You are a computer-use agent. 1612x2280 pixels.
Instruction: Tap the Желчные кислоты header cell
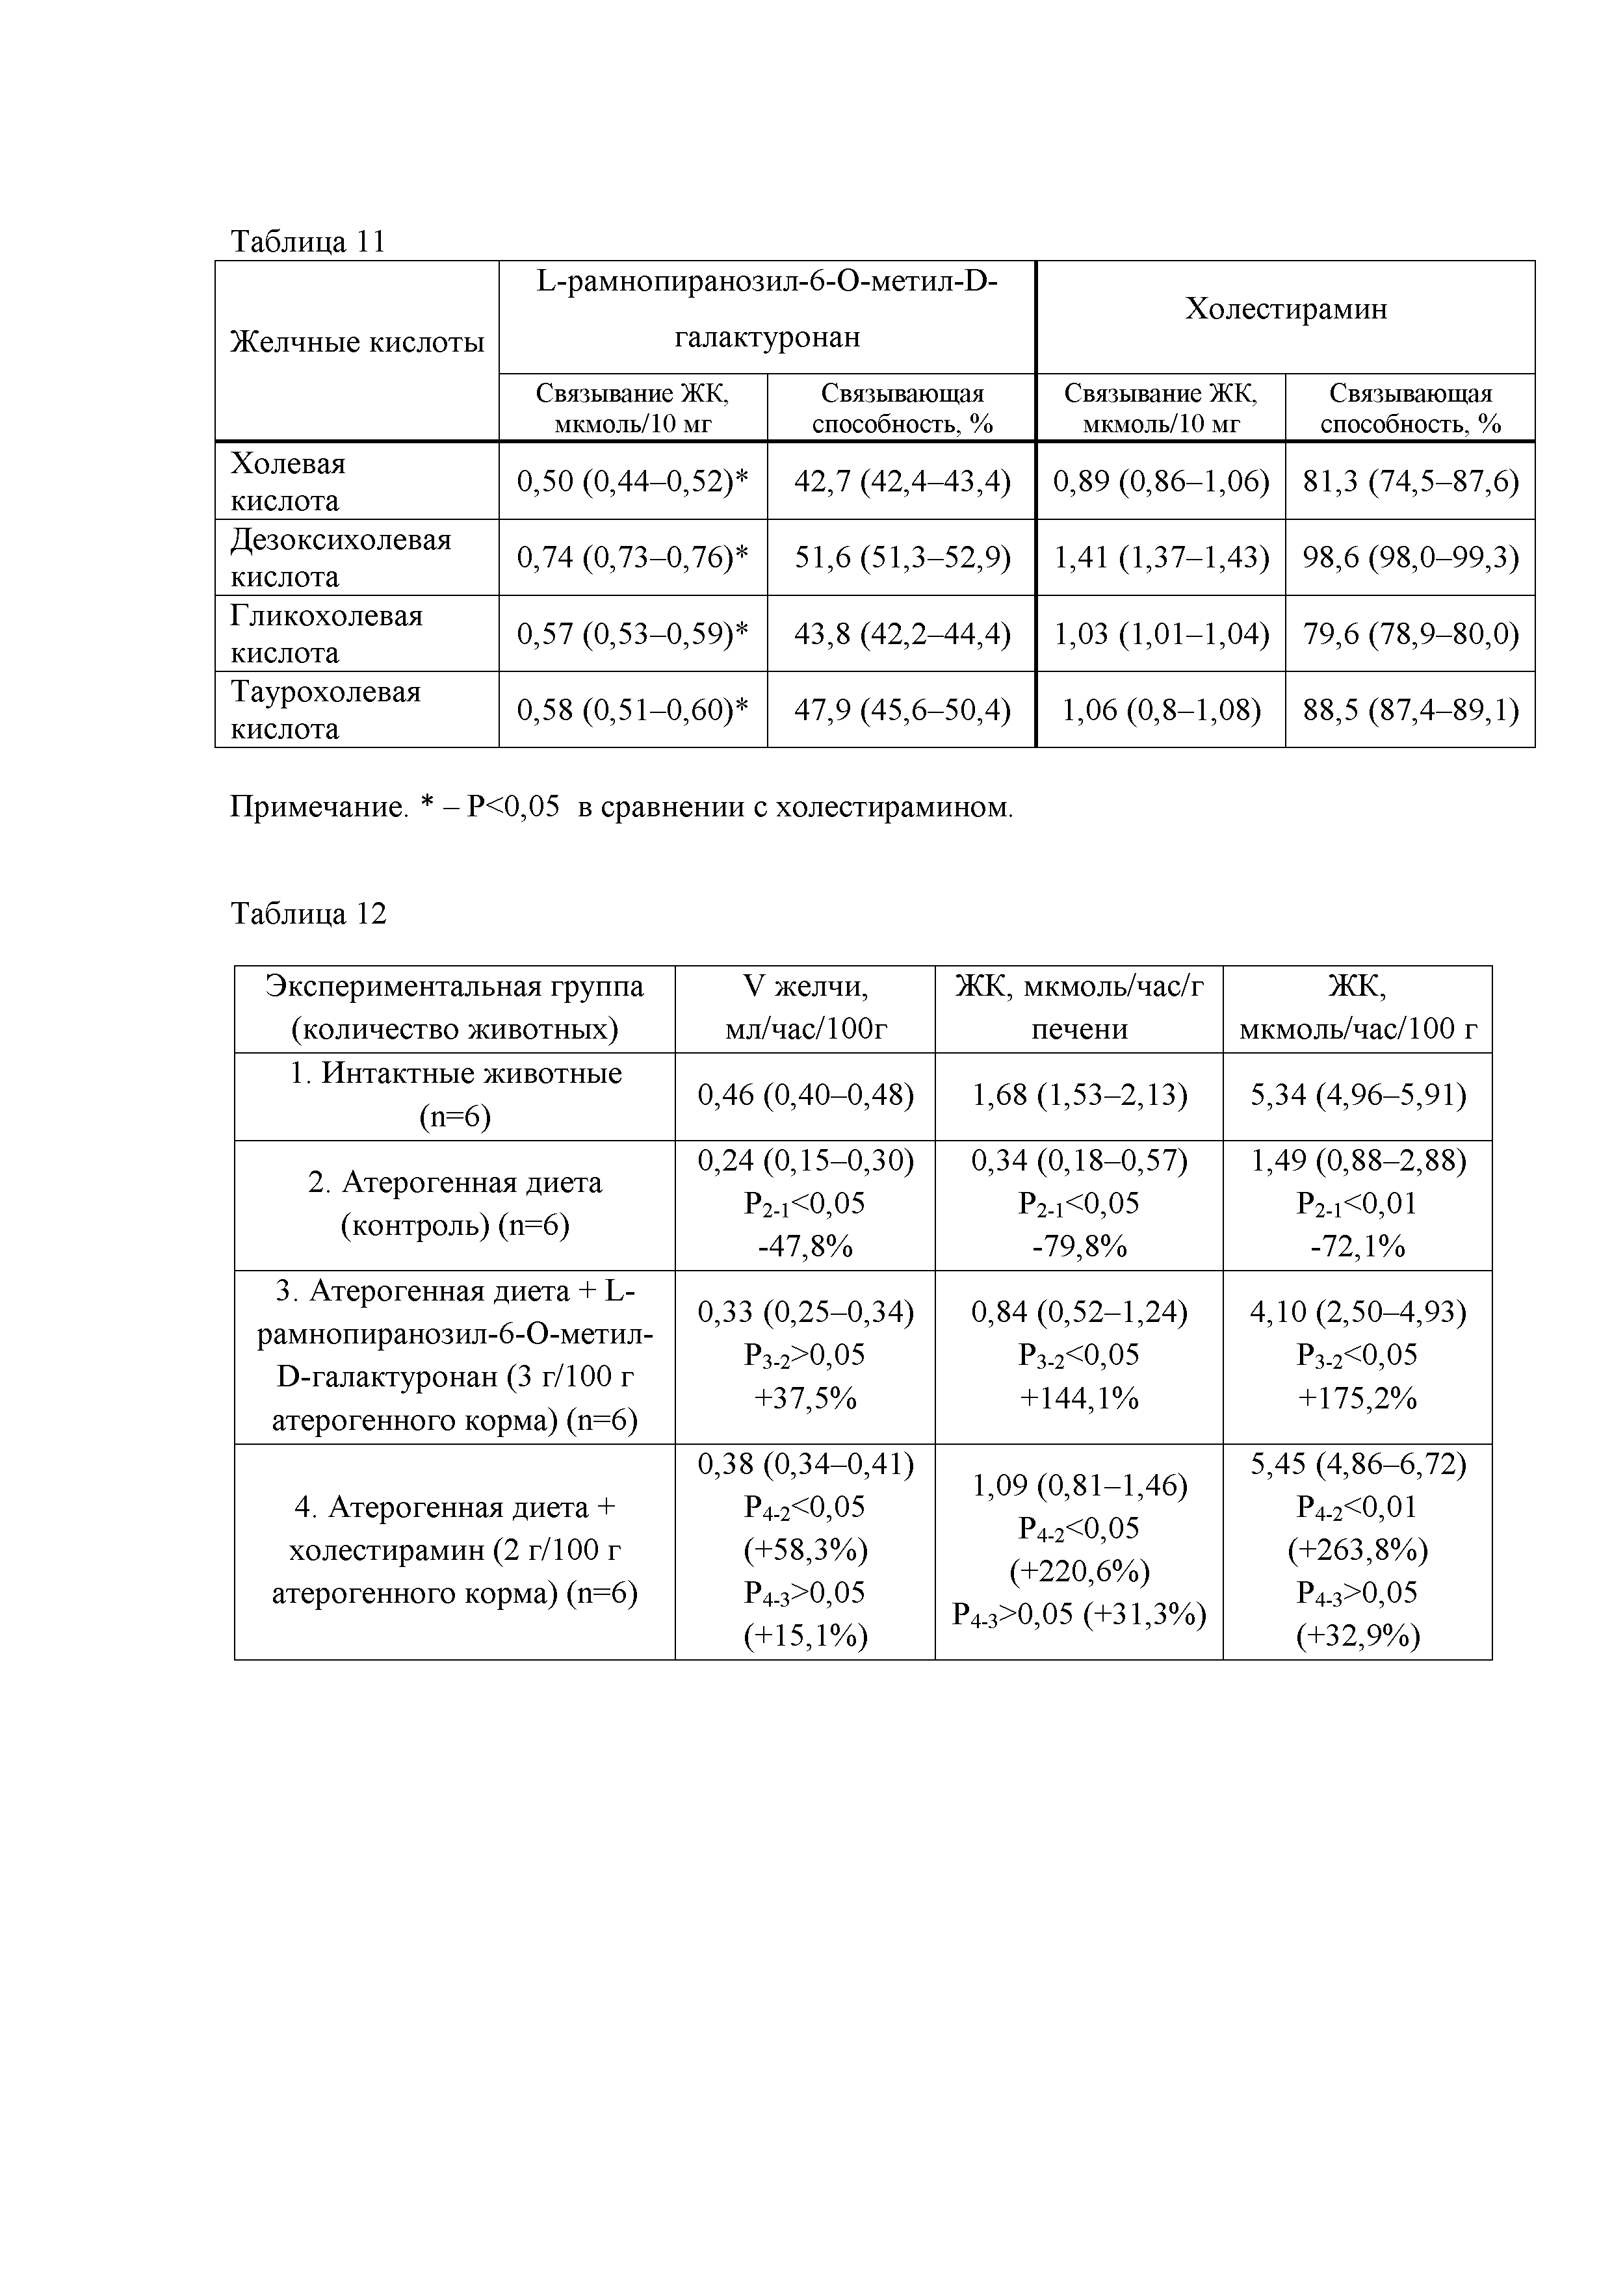pos(357,343)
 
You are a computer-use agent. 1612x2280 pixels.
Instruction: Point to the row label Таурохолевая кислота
pos(326,710)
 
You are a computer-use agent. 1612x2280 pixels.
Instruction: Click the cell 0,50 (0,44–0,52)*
pos(632,482)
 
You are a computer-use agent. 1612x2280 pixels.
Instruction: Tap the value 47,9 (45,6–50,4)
pos(902,710)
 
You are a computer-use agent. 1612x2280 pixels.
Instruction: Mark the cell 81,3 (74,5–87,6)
pos(1410,482)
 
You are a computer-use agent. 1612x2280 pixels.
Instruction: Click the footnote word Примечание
pos(318,807)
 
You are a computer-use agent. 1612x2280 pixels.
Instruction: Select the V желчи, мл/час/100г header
pos(805,1008)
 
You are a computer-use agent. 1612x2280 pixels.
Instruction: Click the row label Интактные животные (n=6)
pos(455,1095)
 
